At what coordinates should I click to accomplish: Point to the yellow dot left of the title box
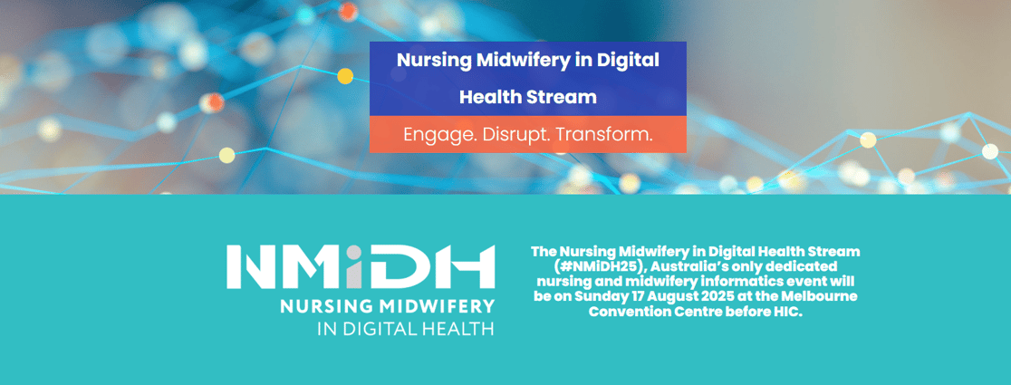coord(345,76)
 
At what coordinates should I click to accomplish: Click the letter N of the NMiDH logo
coord(255,266)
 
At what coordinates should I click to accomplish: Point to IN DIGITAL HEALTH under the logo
coord(406,328)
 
